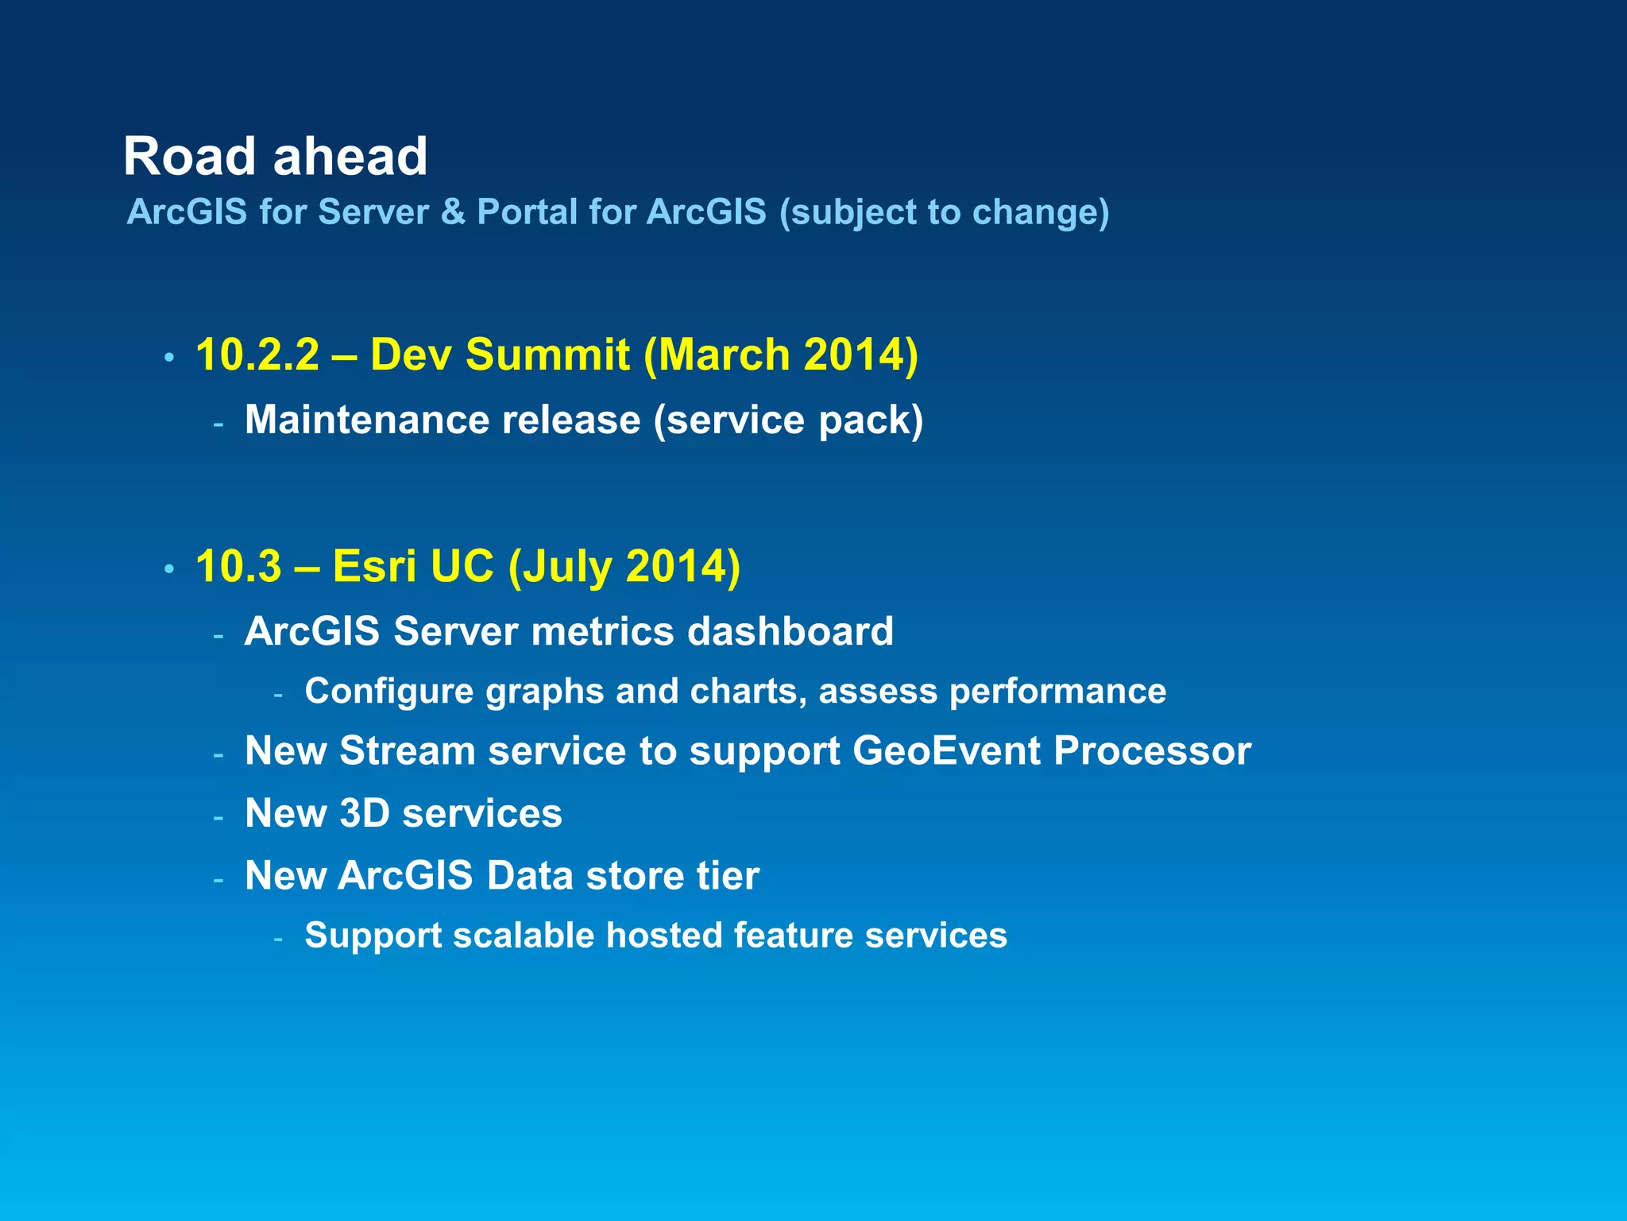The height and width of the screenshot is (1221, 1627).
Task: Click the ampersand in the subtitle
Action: pos(453,212)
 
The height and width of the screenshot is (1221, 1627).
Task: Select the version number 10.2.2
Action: pos(257,355)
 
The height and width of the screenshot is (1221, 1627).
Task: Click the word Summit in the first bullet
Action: pos(547,355)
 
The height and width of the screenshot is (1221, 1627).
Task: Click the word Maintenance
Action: pos(362,420)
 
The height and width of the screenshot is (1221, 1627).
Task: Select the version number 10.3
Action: pos(238,567)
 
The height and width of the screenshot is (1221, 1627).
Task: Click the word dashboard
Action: pos(790,632)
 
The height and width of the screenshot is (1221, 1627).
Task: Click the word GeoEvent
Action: pos(946,751)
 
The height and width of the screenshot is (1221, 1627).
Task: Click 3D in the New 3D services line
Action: pos(365,813)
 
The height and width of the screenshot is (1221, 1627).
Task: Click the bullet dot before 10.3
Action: pos(168,570)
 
